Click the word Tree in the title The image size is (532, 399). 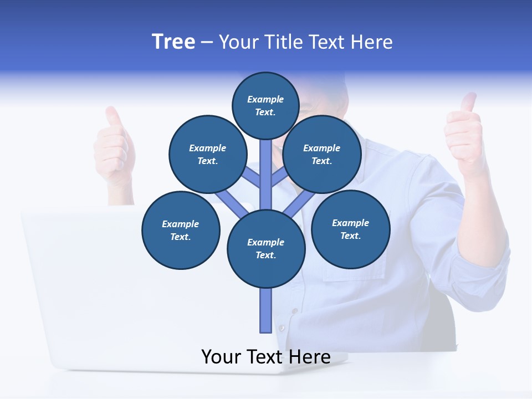click(173, 42)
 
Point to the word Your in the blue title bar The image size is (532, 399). click(238, 42)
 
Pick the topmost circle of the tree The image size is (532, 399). click(265, 105)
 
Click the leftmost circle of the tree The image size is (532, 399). click(181, 230)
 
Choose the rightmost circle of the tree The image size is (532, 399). click(350, 229)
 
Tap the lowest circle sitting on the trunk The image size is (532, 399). click(266, 249)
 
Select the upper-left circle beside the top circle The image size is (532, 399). click(208, 154)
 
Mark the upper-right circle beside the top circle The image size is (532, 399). click(322, 154)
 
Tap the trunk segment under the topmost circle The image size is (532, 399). click(266, 166)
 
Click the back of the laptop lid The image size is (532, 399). click(111, 277)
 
